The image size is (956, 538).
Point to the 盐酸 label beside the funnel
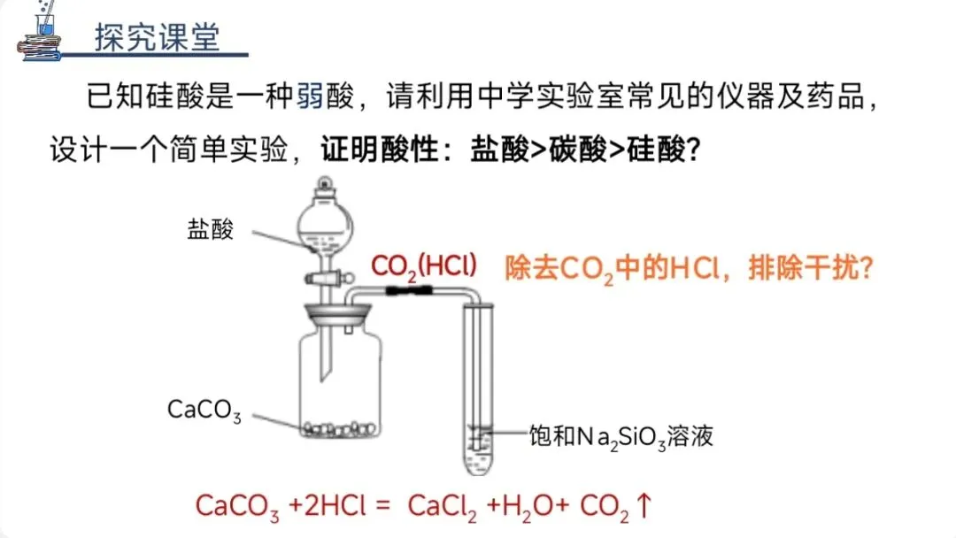[x=211, y=230]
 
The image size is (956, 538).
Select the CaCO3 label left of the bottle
[x=204, y=411]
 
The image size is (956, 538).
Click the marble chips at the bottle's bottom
[x=340, y=430]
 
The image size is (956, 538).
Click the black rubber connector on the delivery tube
[x=412, y=290]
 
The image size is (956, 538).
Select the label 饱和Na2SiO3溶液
[x=621, y=436]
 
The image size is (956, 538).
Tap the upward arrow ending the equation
[x=644, y=505]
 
